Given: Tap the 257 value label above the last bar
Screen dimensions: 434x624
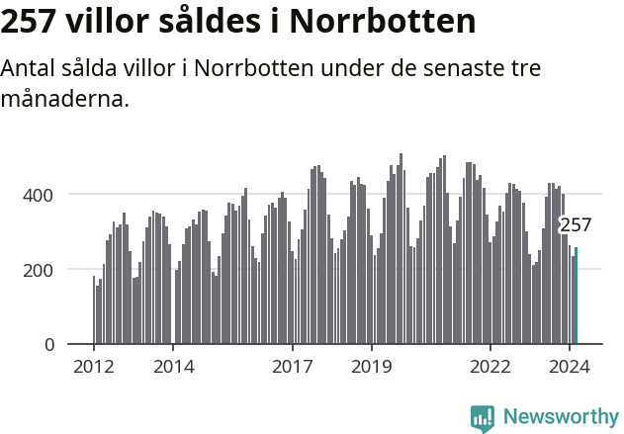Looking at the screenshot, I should [x=576, y=225].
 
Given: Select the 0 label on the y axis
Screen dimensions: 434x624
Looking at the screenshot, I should [x=49, y=345].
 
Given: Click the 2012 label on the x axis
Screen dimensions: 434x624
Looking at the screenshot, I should [x=94, y=367].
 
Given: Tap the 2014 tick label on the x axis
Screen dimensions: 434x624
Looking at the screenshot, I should [x=173, y=367].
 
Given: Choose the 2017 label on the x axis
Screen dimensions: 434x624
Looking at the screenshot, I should [x=293, y=367].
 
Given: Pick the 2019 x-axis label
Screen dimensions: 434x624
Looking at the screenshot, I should [x=372, y=367].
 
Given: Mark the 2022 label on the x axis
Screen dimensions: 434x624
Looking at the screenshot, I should [x=490, y=367].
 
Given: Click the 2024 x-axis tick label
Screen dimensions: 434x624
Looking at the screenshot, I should [x=570, y=367].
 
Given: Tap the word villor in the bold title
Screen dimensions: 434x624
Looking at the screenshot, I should [x=110, y=22].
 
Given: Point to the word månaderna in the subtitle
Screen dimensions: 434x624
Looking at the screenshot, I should [x=65, y=99].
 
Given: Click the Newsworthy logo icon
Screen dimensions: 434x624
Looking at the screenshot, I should [x=483, y=418].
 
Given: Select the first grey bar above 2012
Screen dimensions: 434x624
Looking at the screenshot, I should [x=94, y=310].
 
